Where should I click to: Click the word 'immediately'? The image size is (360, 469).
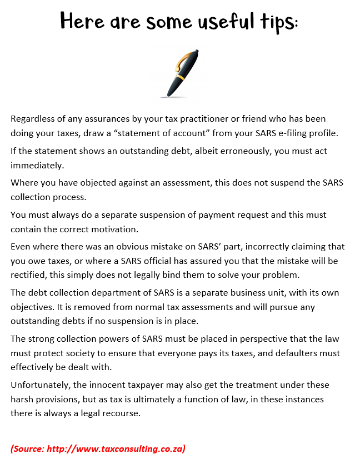(x=36, y=166)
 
